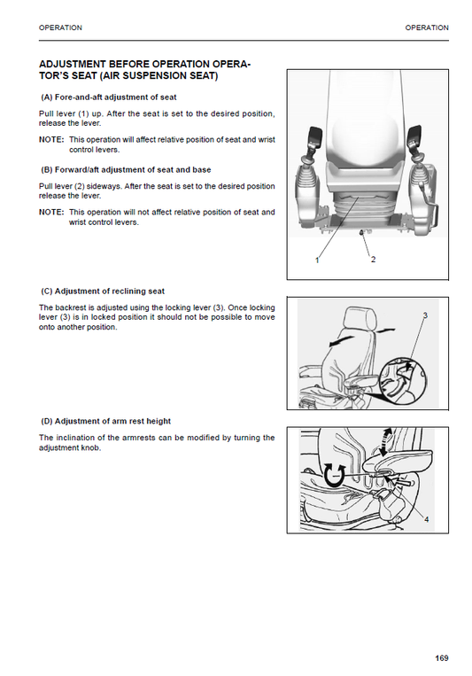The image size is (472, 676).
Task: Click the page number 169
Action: pyautogui.click(x=442, y=657)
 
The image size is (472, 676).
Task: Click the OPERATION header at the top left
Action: pyautogui.click(x=61, y=27)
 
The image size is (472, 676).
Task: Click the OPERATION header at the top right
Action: pyautogui.click(x=427, y=27)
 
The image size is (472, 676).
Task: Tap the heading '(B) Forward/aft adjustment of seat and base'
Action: pyautogui.click(x=126, y=168)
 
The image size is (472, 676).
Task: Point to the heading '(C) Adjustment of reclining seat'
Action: pyautogui.click(x=103, y=291)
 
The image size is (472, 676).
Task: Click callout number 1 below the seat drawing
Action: pyautogui.click(x=316, y=260)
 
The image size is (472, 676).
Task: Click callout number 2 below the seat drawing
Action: pyautogui.click(x=373, y=260)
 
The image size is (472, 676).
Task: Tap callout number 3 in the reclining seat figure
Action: pyautogui.click(x=425, y=315)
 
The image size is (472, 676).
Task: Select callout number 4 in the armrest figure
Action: pyautogui.click(x=426, y=520)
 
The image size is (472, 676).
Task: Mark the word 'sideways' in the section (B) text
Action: pyautogui.click(x=112, y=186)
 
